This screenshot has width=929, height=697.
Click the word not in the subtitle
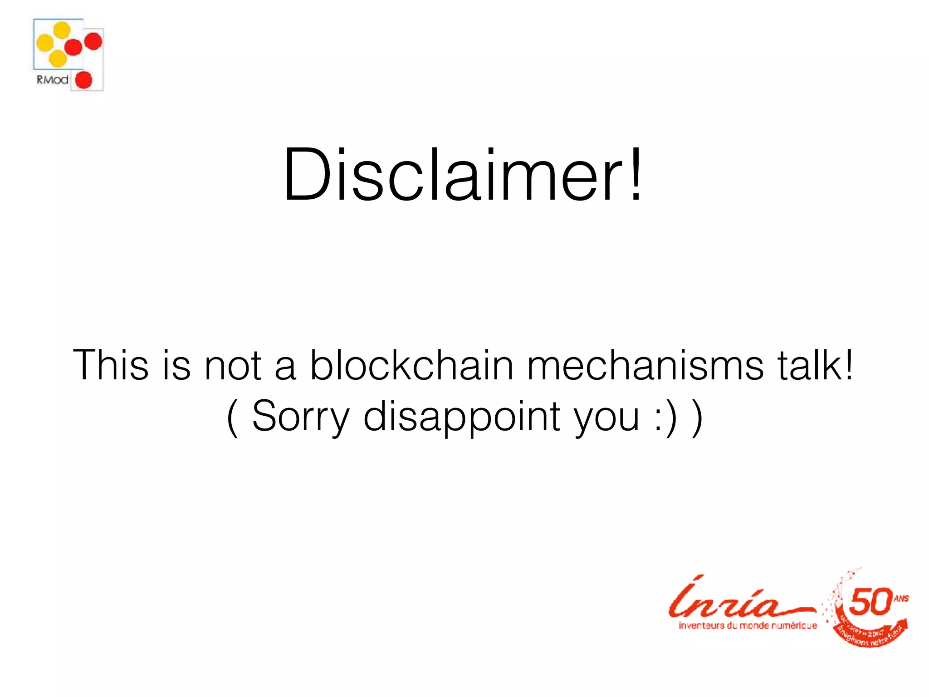[233, 365]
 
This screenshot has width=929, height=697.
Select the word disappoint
[462, 416]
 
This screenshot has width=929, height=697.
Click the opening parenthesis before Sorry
[232, 417]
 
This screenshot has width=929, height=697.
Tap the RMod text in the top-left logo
[53, 80]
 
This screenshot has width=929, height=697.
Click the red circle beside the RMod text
[83, 80]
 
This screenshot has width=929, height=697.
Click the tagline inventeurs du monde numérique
[748, 626]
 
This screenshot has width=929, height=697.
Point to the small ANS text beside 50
[901, 599]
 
